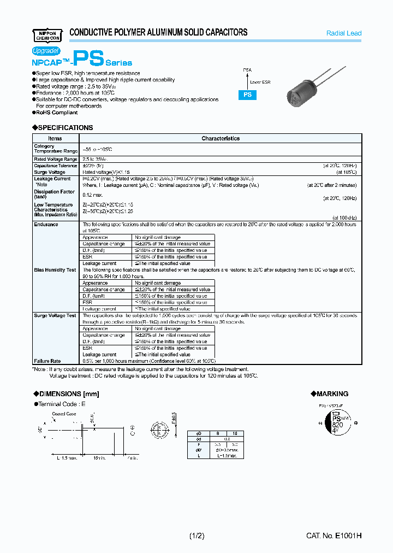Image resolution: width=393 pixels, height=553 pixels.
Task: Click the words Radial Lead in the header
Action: point(344,33)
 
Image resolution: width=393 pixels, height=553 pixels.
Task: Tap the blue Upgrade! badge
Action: point(46,50)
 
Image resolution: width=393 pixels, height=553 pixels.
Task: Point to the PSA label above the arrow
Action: point(247,70)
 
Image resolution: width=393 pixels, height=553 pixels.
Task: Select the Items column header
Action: point(55,138)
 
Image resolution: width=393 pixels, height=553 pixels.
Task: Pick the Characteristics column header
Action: point(221,138)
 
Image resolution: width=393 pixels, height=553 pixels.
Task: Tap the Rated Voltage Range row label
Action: point(56,159)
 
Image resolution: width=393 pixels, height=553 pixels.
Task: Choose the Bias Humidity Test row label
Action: point(55,270)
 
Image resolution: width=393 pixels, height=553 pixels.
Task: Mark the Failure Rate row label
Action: point(47,361)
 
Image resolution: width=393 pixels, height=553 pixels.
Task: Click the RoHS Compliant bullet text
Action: point(57,113)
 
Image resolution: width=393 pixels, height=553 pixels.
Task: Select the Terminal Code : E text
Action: point(62,404)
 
